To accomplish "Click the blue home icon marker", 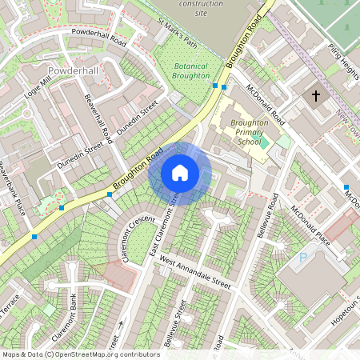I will (x=180, y=173).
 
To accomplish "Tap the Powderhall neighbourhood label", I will (x=73, y=71).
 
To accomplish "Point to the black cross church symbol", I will (x=315, y=97).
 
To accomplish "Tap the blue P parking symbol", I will (x=302, y=258).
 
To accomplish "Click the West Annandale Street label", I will (x=194, y=273).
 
